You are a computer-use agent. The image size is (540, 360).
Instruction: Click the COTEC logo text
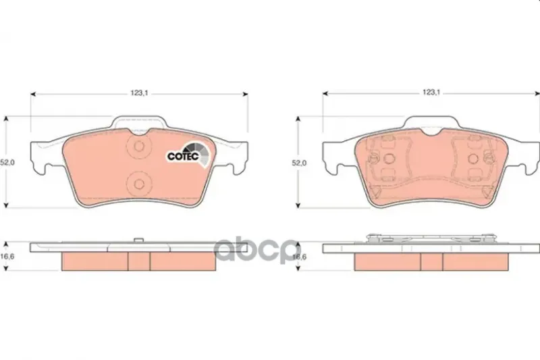[x=183, y=156]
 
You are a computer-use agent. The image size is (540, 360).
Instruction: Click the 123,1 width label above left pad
[x=139, y=93]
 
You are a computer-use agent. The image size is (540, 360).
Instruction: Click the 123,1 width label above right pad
[x=431, y=93]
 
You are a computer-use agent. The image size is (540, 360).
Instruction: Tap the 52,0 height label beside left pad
[x=7, y=163]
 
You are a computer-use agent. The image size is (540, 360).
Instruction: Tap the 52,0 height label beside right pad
[x=299, y=163]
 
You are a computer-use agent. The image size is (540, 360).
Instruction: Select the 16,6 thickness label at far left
[x=7, y=257]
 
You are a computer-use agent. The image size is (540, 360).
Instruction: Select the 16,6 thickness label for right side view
[x=299, y=257]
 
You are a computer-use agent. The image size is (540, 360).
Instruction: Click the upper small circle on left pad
[x=139, y=147]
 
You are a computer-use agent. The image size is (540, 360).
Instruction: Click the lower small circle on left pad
[x=139, y=184]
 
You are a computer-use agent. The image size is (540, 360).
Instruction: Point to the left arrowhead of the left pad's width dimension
[x=33, y=94]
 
